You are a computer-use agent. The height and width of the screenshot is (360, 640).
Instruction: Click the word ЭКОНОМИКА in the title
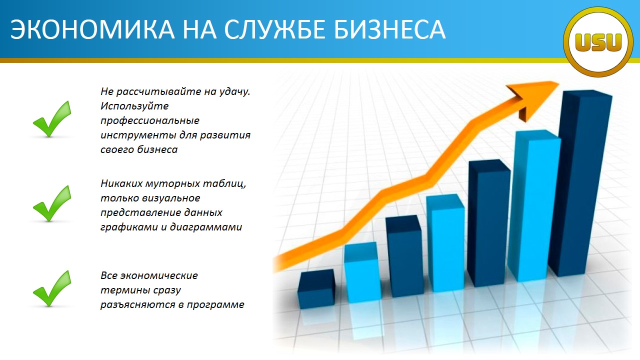92,29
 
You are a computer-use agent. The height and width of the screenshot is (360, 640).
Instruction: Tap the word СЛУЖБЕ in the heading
274,30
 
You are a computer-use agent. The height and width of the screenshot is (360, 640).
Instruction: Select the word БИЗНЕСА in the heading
389,29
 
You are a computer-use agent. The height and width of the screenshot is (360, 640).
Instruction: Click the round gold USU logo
598,42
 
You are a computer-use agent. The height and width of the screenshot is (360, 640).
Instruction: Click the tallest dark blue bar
581,183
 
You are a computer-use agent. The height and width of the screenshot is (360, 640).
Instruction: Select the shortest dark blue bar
315,288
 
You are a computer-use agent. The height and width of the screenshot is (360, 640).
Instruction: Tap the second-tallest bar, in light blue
534,205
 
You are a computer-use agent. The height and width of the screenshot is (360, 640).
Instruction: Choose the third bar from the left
404,256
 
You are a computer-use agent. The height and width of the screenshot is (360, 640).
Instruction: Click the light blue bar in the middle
445,243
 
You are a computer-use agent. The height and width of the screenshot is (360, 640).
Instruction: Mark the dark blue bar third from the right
489,223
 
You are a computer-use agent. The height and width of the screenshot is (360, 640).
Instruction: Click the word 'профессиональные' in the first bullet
150,121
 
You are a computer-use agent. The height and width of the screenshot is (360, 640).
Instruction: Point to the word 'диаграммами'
206,227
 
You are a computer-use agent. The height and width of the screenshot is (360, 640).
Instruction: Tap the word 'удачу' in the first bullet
234,91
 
